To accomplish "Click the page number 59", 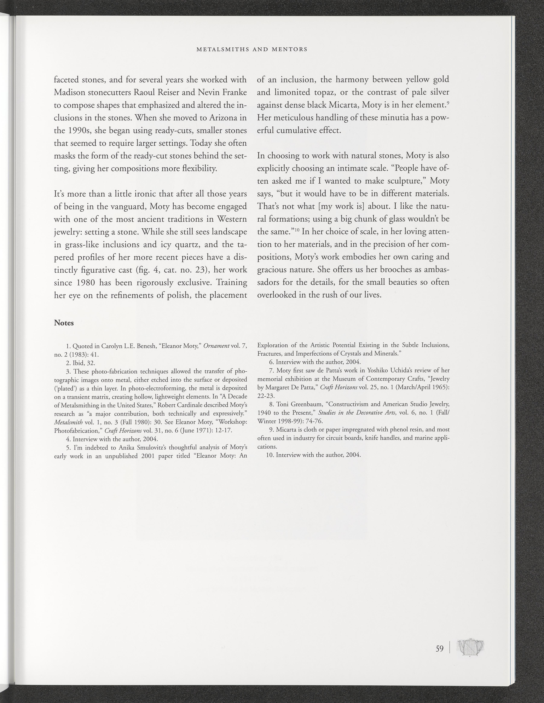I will [439, 648].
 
